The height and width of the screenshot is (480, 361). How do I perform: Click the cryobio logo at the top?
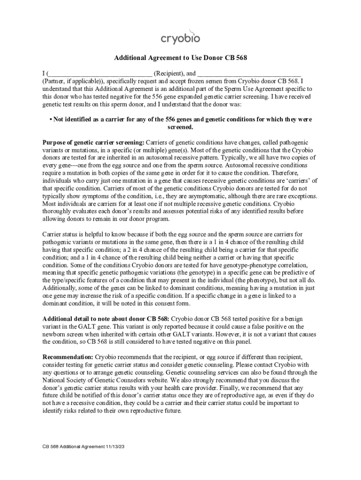point(180,37)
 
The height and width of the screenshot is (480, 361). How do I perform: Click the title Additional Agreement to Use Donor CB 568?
point(180,58)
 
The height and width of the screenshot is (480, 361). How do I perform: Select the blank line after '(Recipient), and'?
point(248,74)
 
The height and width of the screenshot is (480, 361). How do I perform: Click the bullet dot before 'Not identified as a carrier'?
point(50,120)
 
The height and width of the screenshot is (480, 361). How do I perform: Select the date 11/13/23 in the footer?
point(115,447)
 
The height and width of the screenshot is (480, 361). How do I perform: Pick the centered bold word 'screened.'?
point(180,127)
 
